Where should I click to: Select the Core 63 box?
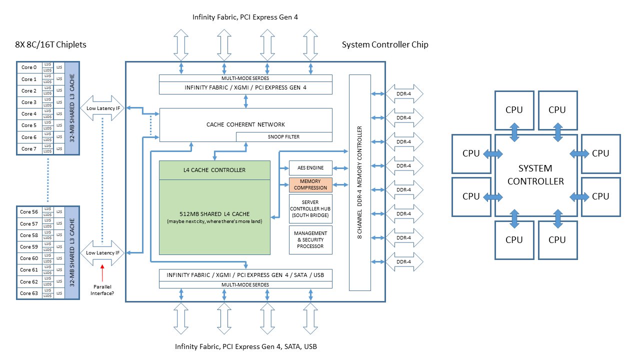29,293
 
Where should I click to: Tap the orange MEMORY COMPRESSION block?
310,184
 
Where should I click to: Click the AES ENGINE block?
310,168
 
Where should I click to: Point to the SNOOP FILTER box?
283,137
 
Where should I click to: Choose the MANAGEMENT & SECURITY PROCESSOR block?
310,239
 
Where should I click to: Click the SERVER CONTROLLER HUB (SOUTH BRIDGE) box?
310,208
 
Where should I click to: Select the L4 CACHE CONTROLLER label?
214,170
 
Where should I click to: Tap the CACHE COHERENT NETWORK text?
245,124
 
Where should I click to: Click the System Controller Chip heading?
385,45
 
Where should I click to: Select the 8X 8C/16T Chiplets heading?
51,45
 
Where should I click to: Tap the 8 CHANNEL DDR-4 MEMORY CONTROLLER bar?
359,182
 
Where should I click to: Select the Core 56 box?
29,212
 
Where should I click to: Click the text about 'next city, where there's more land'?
214,221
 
